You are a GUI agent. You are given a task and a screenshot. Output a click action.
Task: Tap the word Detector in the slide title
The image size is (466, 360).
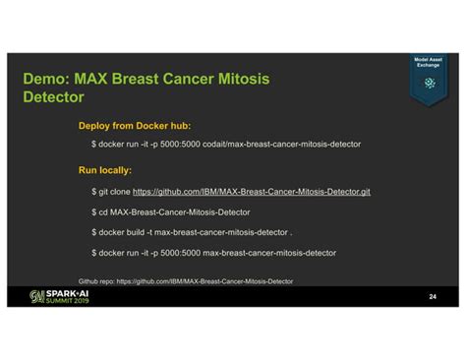tap(53, 97)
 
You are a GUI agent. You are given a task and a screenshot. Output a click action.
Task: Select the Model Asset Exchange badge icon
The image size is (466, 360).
tap(429, 83)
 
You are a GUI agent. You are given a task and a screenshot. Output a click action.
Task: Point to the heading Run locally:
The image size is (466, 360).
tap(105, 169)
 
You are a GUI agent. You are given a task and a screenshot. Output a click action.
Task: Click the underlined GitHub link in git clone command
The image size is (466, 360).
tap(251, 191)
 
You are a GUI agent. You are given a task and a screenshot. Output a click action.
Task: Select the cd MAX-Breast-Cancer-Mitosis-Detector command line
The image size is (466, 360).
tap(171, 211)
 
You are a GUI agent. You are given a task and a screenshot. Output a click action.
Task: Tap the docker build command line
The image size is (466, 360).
tap(192, 232)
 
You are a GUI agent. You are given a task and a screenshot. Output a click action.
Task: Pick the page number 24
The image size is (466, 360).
tap(432, 296)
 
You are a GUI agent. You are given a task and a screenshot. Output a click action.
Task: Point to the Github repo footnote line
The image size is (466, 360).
tap(185, 281)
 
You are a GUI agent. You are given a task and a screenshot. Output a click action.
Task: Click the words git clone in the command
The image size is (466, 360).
tap(113, 191)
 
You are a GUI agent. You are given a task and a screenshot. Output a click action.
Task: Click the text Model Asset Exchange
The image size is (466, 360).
tap(429, 63)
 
